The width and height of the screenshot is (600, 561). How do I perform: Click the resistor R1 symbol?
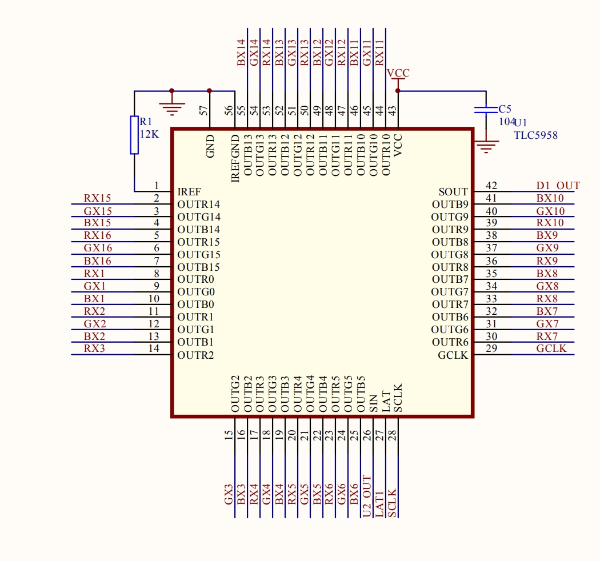coord(134,135)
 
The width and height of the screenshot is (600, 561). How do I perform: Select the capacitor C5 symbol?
coord(486,110)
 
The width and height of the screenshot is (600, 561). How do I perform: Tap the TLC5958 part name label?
coord(535,135)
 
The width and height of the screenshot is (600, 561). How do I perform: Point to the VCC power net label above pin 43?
coord(398,73)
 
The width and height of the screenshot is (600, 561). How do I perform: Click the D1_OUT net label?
coord(557,186)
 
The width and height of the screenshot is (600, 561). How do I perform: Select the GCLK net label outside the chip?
coord(551,348)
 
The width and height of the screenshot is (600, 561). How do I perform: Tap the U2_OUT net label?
coord(367,496)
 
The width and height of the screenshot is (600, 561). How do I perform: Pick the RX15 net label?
coord(97,198)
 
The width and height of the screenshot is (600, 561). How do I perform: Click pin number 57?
coord(204,110)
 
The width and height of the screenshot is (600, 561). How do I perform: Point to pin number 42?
coord(491,186)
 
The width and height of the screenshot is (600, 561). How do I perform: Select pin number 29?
coord(491,348)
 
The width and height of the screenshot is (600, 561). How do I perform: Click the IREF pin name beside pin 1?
coord(189,192)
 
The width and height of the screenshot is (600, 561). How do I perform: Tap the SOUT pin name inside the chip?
coord(453,192)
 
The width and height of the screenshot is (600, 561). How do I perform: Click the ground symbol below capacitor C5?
coord(486,148)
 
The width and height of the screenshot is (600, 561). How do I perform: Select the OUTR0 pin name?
coord(195,279)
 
